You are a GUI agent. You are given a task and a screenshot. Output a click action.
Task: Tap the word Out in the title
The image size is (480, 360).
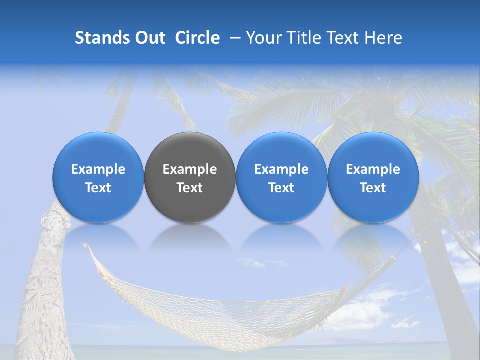pos(149,38)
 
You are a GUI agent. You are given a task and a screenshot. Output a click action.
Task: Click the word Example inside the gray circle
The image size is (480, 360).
pos(190,169)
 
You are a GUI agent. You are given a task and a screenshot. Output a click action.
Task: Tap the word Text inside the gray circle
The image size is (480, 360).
pos(190,188)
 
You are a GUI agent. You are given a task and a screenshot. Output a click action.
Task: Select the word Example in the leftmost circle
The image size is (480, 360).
pos(98,169)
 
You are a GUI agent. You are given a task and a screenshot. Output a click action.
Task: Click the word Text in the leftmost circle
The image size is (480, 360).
pos(98,188)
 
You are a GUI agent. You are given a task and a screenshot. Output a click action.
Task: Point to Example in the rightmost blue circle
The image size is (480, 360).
pos(373,169)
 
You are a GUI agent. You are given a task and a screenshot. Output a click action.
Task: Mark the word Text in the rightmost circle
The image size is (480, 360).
pos(373,188)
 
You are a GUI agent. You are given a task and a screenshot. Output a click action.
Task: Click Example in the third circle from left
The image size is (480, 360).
pos(281,169)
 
